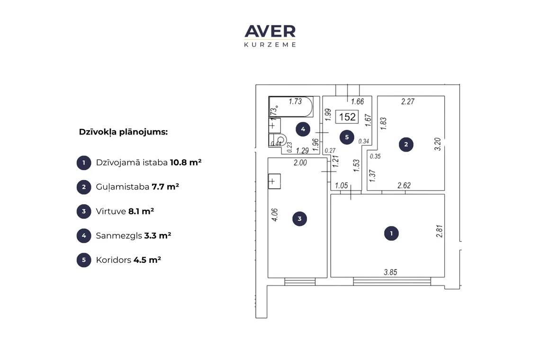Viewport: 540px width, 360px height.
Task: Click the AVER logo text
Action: pos(270,31)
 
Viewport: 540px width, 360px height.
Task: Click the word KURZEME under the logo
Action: pos(270,45)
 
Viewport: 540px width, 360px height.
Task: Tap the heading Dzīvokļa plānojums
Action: pos(123,132)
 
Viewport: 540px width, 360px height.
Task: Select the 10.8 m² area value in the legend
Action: pos(186,162)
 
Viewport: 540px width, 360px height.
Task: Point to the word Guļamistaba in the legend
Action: pos(123,187)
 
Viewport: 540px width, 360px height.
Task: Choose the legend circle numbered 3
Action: pos(84,212)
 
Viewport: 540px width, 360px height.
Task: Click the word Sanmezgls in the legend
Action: pos(119,236)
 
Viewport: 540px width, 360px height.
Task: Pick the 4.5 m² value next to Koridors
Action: pos(147,260)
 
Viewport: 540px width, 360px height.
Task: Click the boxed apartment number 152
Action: pos(347,117)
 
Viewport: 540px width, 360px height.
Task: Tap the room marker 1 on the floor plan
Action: pos(391,233)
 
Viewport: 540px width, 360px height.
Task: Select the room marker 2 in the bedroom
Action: pos(406,144)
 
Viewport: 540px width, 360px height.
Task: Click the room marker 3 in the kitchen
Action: pos(300,218)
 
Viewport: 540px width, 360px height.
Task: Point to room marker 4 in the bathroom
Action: pos(303,129)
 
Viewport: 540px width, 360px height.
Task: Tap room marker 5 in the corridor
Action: pos(347,137)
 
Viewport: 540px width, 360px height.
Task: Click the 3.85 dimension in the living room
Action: pos(390,272)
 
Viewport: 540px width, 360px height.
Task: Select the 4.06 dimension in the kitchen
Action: pos(274,215)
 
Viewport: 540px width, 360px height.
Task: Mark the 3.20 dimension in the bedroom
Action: pos(437,144)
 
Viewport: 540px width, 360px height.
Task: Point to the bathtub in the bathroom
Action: pos(291,107)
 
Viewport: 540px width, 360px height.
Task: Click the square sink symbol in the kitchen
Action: pos(274,181)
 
